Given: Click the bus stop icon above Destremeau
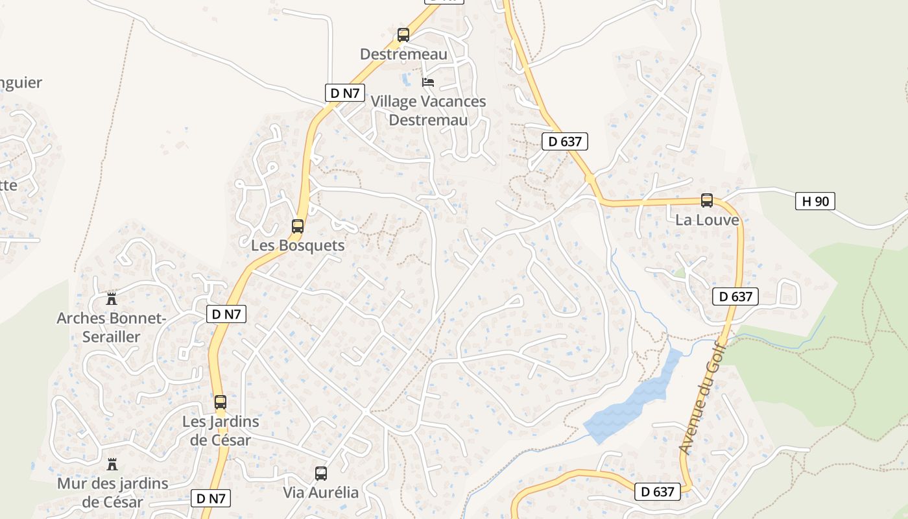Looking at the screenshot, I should click(403, 35).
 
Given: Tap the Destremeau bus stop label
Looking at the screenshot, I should click(403, 54).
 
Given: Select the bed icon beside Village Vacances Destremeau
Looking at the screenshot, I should click(428, 82).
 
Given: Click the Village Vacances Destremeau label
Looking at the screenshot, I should click(428, 110).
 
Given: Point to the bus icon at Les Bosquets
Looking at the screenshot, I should click(298, 226).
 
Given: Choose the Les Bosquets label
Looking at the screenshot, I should click(298, 246).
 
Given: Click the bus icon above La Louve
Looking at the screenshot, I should click(707, 200).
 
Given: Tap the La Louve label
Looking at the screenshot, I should click(707, 220).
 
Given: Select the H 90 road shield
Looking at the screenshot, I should click(815, 201).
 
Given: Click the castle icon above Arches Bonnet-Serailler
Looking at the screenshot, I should click(112, 299).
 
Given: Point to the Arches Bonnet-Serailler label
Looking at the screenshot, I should click(112, 327).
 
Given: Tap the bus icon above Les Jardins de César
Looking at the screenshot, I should click(221, 402).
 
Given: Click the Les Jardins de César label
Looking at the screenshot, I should click(221, 430).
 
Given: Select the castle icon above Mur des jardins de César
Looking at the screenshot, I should click(112, 465).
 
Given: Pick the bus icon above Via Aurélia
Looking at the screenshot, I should click(321, 474).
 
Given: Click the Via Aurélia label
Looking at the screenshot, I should click(320, 492).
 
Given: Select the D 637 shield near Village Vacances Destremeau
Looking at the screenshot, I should click(566, 141).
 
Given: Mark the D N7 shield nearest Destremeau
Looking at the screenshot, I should click(344, 93).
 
